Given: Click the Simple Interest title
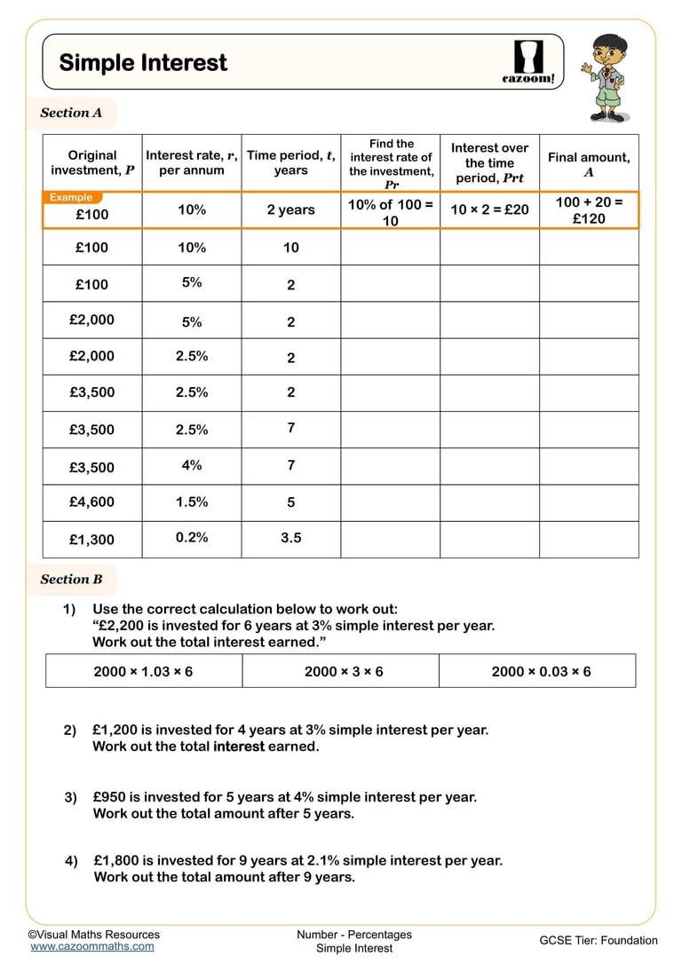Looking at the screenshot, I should pyautogui.click(x=143, y=62).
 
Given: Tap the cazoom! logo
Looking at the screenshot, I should pyautogui.click(x=528, y=62).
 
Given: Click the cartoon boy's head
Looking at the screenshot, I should pyautogui.click(x=610, y=52).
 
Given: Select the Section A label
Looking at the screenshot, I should pyautogui.click(x=71, y=113).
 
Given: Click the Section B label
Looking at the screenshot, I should pyautogui.click(x=71, y=580).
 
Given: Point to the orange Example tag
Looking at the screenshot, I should pyautogui.click(x=72, y=197).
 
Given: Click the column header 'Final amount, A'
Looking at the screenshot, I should pyautogui.click(x=589, y=164).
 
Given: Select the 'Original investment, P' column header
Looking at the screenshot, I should pyautogui.click(x=92, y=162).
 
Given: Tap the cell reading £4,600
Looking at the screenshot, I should pyautogui.click(x=91, y=502).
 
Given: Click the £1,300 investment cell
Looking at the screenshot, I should pyautogui.click(x=91, y=540).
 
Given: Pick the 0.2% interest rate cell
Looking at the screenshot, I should pyautogui.click(x=192, y=537).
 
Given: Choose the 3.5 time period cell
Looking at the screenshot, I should pyautogui.click(x=291, y=538).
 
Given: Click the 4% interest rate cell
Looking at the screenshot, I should pyautogui.click(x=192, y=464).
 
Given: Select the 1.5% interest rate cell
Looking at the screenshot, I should pyautogui.click(x=192, y=502).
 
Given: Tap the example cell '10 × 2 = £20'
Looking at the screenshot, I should pyautogui.click(x=489, y=210).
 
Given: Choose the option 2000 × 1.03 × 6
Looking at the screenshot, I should pyautogui.click(x=143, y=671).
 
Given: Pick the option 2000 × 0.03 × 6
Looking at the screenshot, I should pyautogui.click(x=541, y=671).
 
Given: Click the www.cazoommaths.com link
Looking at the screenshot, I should pyautogui.click(x=91, y=946).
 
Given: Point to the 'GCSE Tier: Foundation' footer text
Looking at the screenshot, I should pyautogui.click(x=599, y=940).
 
